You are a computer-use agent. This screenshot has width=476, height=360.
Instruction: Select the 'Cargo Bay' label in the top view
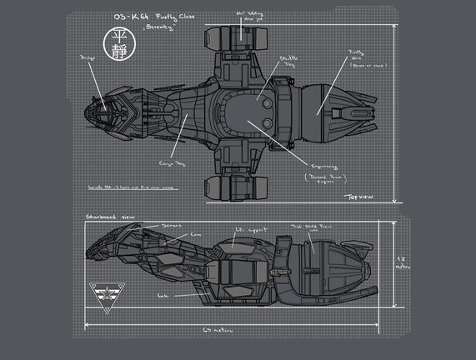[173, 163]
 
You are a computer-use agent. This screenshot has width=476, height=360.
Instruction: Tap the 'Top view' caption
[361, 197]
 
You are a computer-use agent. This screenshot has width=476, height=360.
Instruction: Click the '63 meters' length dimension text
[222, 331]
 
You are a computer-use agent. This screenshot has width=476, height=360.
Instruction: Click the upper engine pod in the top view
[240, 37]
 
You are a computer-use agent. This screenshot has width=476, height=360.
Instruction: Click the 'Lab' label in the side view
[164, 295]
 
